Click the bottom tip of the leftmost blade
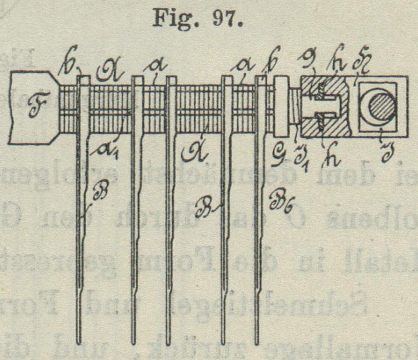click(x=79, y=342)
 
